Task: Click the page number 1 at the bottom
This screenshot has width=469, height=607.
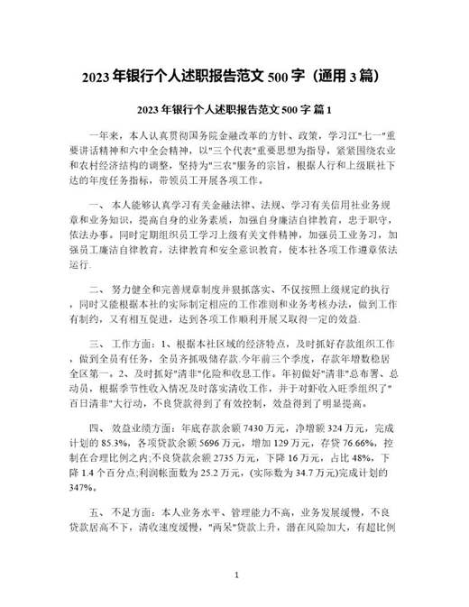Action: click(x=235, y=574)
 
